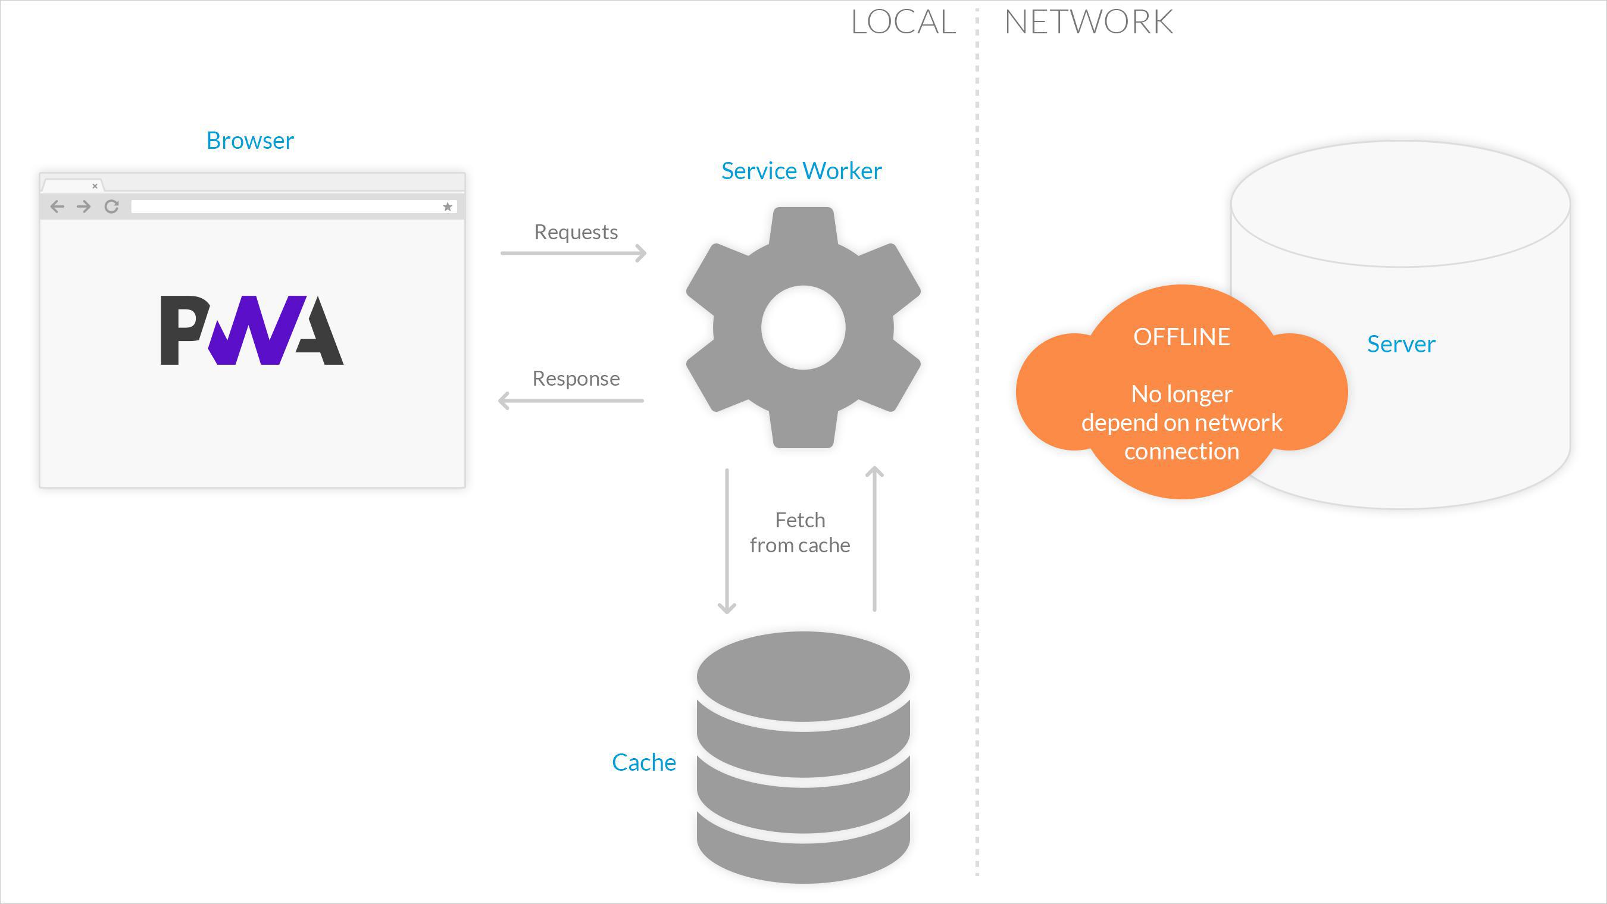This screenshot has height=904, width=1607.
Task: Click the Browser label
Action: point(249,140)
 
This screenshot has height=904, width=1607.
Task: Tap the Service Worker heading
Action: point(802,170)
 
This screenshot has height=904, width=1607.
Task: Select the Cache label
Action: point(644,762)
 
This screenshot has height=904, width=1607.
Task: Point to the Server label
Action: point(1401,344)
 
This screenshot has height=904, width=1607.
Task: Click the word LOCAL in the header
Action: point(903,22)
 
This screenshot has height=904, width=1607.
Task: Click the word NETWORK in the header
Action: point(1089,22)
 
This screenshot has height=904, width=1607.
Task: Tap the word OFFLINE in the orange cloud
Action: point(1181,337)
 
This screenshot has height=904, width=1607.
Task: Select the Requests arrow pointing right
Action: point(573,253)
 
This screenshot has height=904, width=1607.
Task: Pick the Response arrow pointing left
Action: point(571,401)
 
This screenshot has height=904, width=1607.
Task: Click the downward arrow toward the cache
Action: point(727,541)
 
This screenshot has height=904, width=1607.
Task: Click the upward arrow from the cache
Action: point(874,539)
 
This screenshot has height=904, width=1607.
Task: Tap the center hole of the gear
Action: point(803,327)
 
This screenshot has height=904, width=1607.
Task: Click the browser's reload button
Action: point(112,207)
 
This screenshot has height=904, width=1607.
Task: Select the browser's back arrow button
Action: point(57,207)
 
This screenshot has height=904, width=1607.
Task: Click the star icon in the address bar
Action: point(448,207)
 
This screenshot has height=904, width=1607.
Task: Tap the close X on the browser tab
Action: point(95,186)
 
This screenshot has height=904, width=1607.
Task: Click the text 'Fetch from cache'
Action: point(800,532)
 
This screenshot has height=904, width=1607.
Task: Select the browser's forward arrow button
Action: point(83,207)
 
